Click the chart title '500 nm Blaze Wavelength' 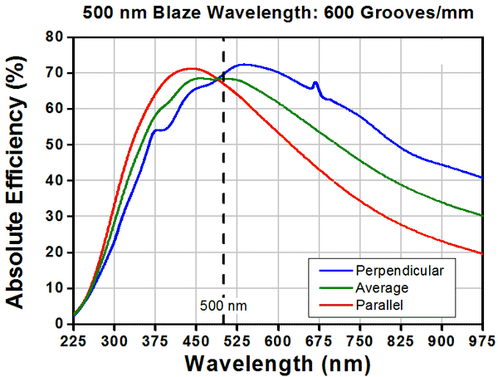tap(249, 12)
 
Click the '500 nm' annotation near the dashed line tap(223, 306)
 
